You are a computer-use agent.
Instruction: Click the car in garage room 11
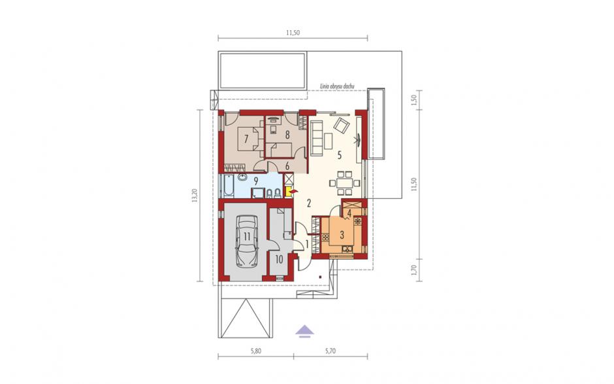247,241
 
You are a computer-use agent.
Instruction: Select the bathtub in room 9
228,186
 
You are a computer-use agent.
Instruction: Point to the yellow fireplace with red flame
291,192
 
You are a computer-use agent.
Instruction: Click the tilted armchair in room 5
341,126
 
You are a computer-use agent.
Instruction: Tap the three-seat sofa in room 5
316,137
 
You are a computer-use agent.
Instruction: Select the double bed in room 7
251,139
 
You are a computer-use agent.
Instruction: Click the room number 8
287,135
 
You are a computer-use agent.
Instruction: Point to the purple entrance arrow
304,332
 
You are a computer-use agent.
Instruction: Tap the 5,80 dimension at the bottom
255,351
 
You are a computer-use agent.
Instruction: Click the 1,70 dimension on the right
415,270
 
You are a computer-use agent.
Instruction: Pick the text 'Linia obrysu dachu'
337,85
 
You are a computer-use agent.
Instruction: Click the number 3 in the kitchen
342,236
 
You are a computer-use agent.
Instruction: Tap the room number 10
279,259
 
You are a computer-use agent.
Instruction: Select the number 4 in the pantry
349,214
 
